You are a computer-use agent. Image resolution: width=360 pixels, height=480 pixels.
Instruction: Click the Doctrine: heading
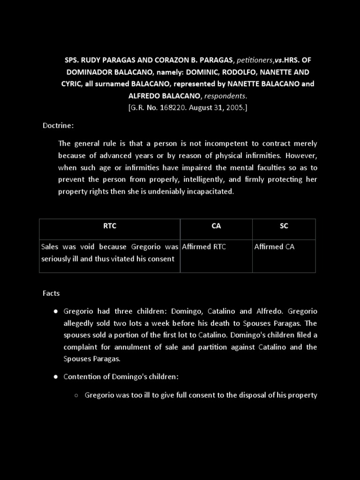click(x=58, y=126)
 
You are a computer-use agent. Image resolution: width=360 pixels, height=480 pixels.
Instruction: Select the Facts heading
click(x=51, y=293)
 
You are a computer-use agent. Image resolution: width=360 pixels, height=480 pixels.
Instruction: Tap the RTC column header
click(x=110, y=226)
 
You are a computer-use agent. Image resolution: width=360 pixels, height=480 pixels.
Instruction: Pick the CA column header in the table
click(x=216, y=226)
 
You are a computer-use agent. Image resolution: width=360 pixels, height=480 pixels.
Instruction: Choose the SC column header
click(x=284, y=226)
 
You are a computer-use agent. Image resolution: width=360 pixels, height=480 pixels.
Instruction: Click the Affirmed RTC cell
click(x=204, y=247)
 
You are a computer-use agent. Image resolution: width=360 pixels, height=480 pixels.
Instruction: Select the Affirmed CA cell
click(x=274, y=247)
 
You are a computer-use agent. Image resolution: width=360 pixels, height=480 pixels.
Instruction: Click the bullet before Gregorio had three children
click(x=55, y=312)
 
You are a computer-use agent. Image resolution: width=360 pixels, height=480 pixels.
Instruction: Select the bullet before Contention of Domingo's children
click(x=55, y=377)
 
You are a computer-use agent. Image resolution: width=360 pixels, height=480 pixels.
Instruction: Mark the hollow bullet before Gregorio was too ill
click(x=76, y=396)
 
